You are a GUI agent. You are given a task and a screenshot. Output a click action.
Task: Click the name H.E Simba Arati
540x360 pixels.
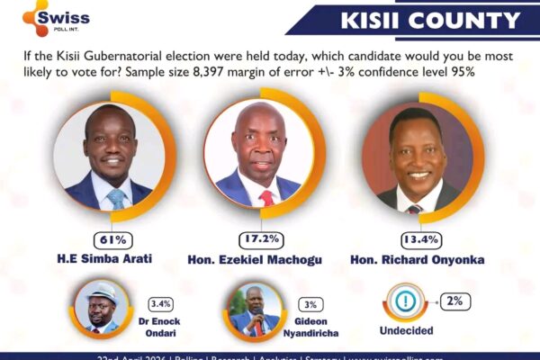click(111, 259)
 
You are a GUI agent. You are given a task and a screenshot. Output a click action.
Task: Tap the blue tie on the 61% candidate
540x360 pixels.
click(116, 198)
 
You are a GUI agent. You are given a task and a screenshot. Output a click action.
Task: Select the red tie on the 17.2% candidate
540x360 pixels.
click(266, 197)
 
